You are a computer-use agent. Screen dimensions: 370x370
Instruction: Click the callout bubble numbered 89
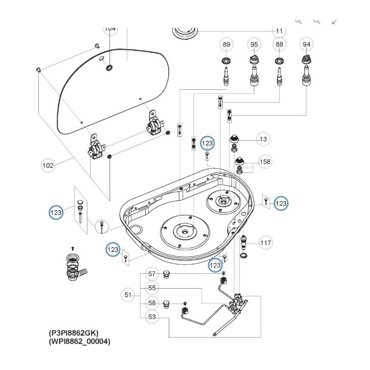coord(226,44)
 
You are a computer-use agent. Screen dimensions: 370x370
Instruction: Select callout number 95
coord(254,44)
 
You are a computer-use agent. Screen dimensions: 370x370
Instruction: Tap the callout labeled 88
coord(279,44)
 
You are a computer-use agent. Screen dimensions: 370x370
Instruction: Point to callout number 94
coord(306,44)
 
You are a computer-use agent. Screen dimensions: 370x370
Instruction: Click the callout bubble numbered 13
coord(263,139)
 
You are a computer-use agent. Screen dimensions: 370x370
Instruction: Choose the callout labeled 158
coord(265,162)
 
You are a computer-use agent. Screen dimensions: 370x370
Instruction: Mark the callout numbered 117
coord(265,242)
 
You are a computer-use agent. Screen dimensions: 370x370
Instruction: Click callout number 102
coord(48,165)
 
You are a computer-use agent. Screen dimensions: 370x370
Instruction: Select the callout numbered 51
coord(128,294)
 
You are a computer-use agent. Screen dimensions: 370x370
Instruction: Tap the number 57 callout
coord(152,274)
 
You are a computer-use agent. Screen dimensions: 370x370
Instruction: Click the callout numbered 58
coord(152,303)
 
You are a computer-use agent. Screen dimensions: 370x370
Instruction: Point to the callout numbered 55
coord(152,288)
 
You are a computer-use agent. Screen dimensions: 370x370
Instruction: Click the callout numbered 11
coord(279,31)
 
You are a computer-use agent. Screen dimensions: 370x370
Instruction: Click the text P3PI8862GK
coord(74,333)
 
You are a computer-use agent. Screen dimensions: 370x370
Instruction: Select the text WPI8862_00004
coord(80,342)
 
